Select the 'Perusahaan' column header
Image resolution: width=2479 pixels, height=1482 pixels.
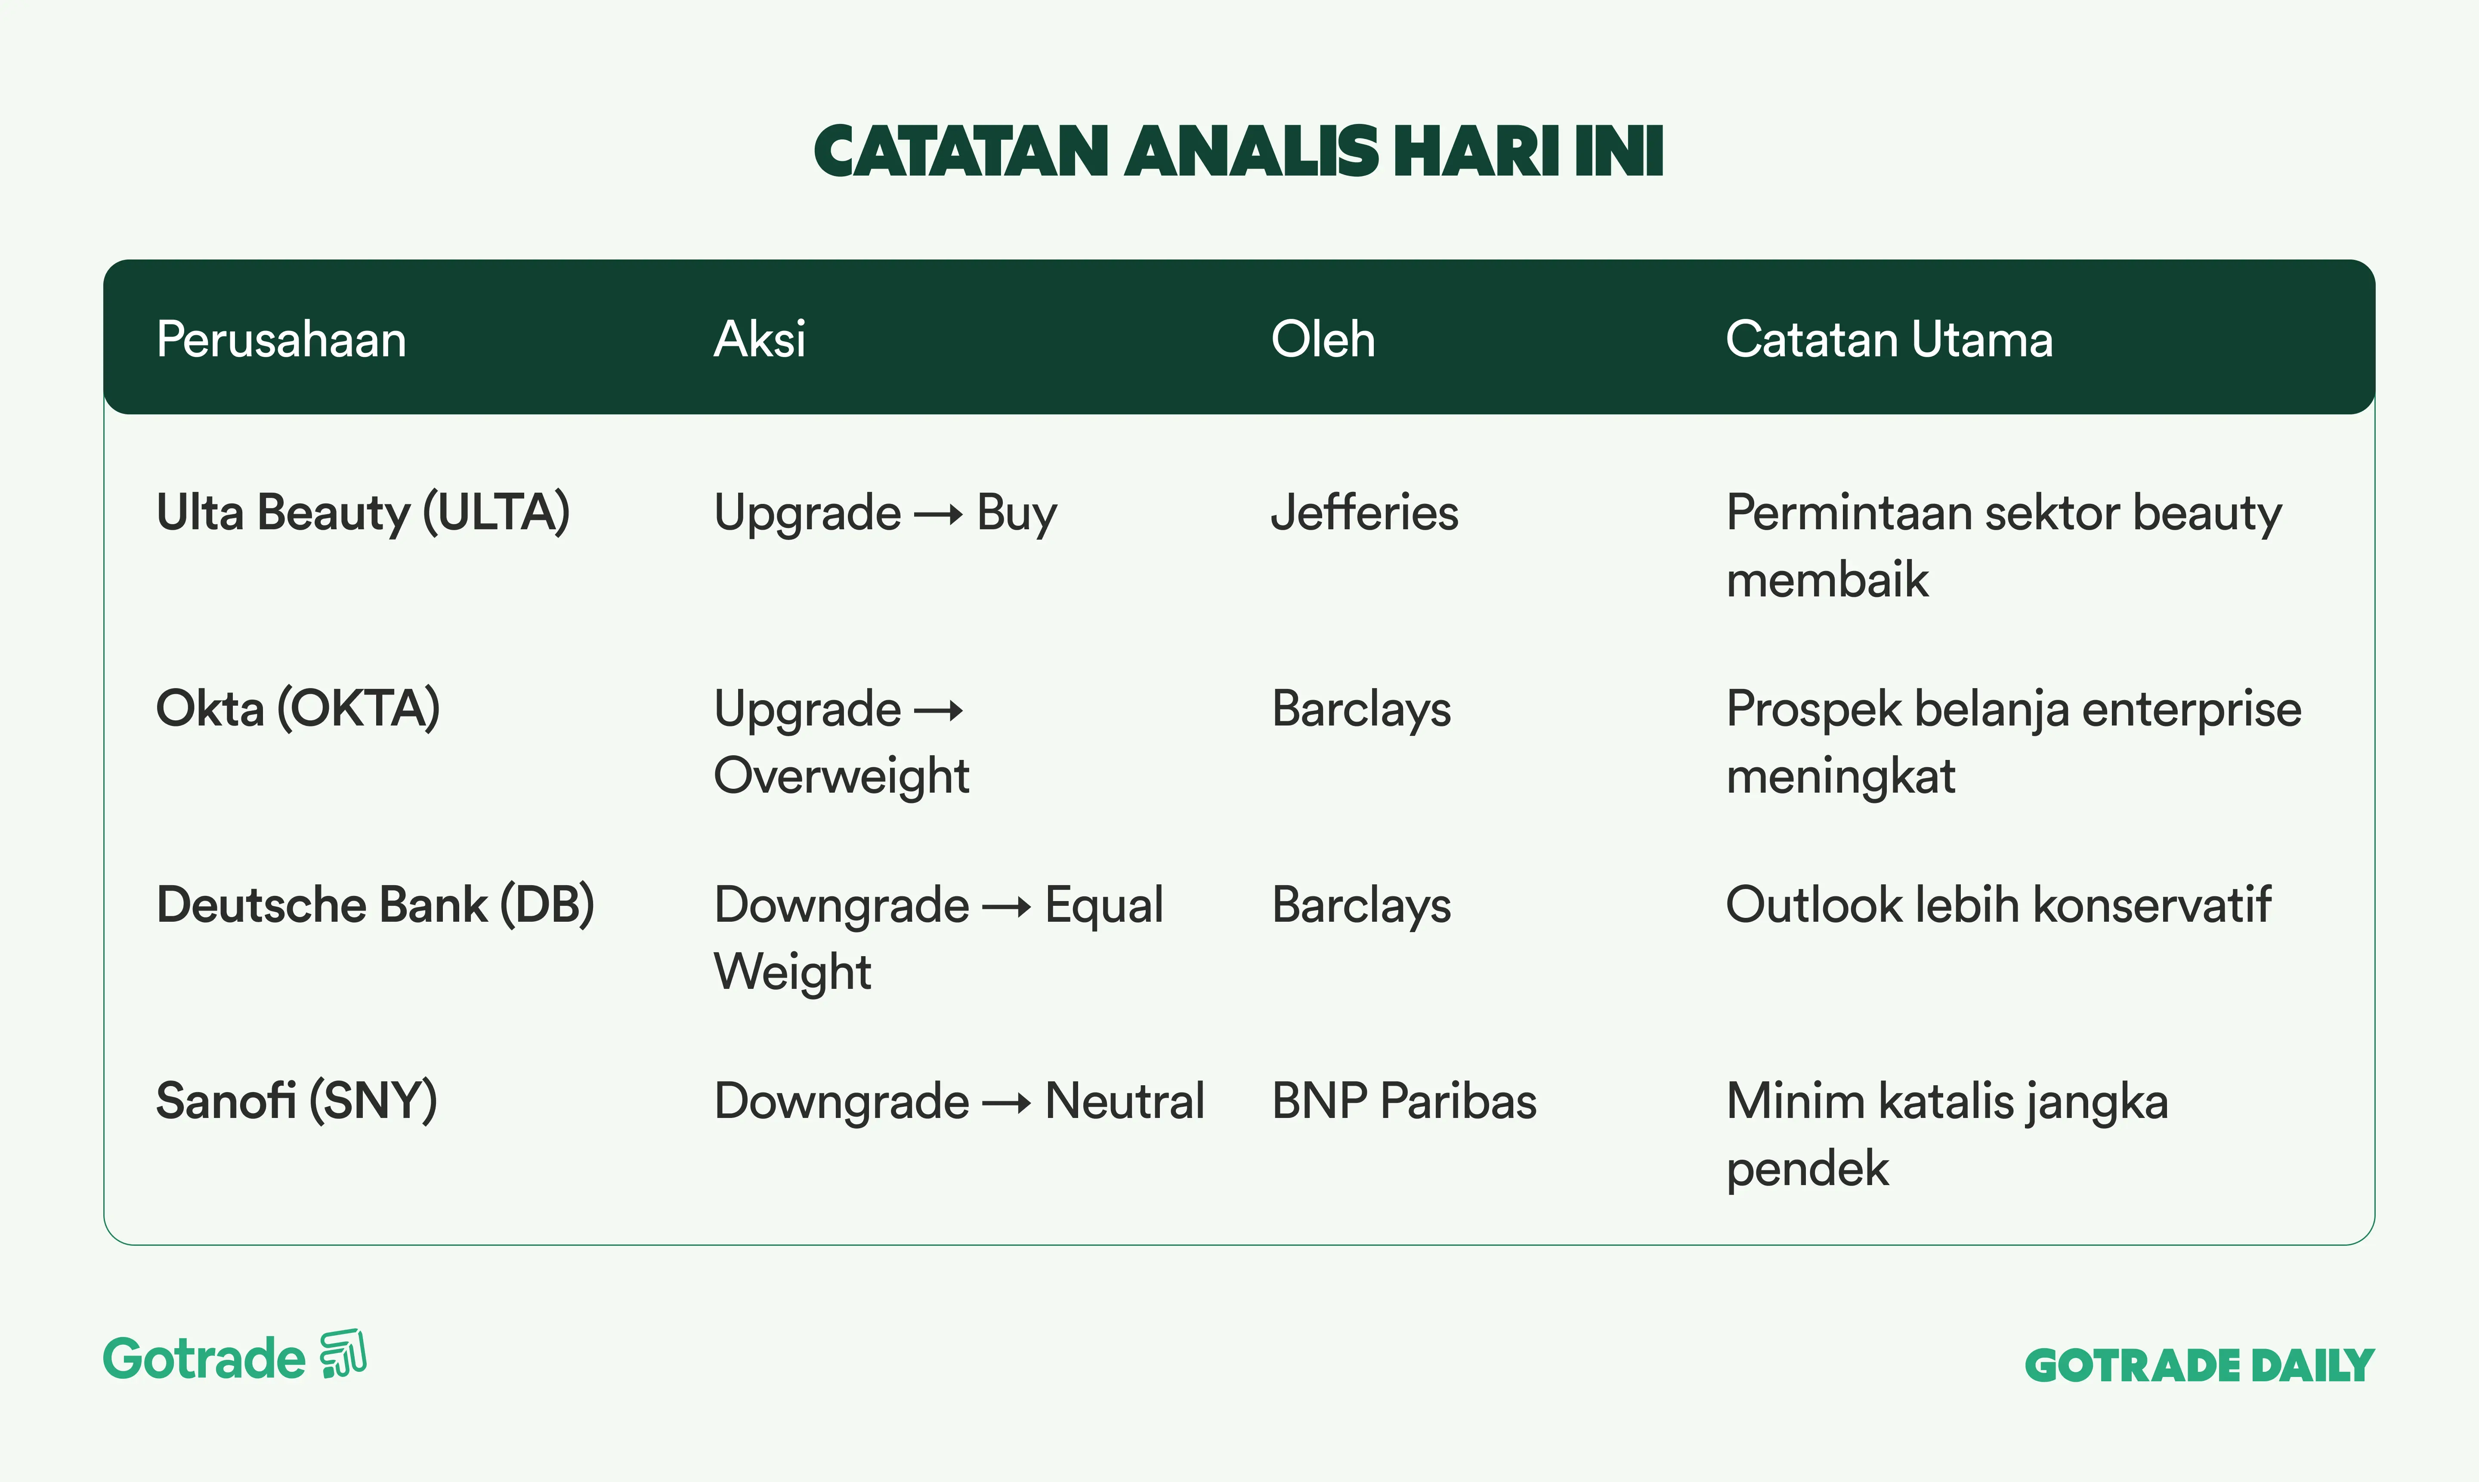coord(281,340)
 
